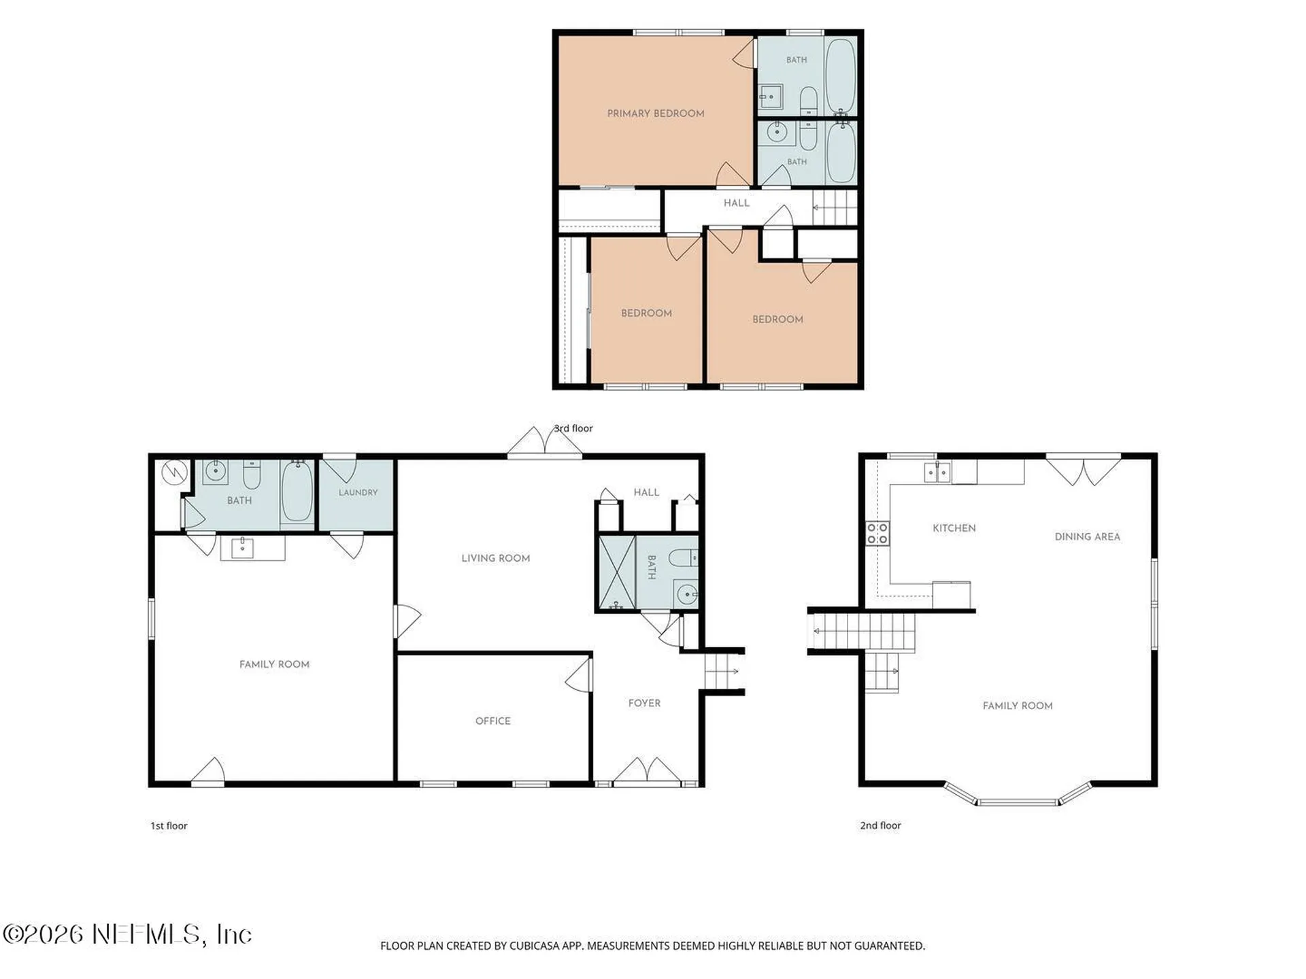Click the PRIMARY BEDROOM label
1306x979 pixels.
click(x=656, y=114)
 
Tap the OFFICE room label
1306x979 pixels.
click(x=493, y=721)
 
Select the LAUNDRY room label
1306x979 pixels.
click(x=358, y=492)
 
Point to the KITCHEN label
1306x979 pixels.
click(x=954, y=528)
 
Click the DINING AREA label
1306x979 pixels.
click(x=1087, y=536)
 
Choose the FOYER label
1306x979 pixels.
click(x=644, y=703)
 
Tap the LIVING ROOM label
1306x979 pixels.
click(x=495, y=558)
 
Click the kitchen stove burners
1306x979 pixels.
click(x=877, y=533)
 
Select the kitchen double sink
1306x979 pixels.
click(x=937, y=472)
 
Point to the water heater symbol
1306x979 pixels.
click(x=175, y=472)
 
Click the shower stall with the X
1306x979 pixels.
click(x=616, y=573)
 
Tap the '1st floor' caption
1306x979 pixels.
click(x=169, y=825)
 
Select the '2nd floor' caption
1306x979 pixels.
click(x=880, y=825)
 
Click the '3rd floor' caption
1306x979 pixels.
click(x=573, y=428)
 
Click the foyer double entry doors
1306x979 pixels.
click(x=647, y=771)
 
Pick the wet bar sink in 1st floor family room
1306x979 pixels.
click(x=242, y=547)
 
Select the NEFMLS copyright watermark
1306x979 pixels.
click(x=127, y=934)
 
